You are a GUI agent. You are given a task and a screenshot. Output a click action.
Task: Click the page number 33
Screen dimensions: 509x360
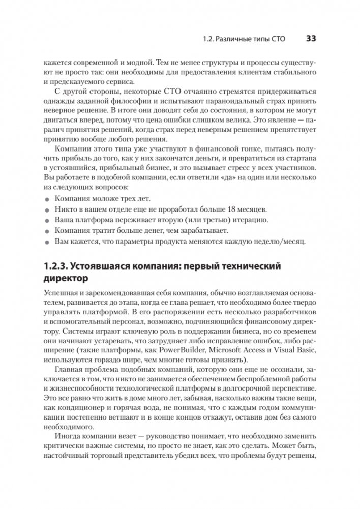point(311,39)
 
